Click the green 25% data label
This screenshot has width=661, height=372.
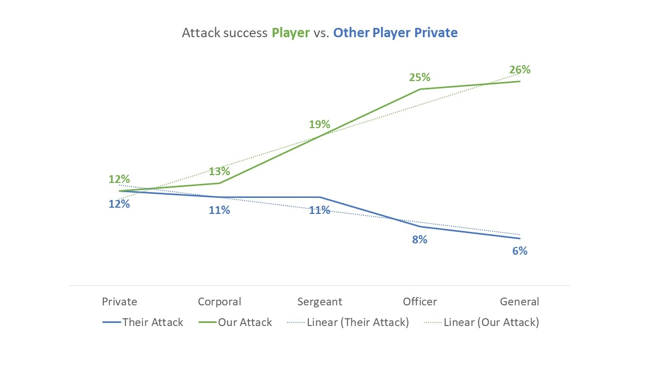point(419,78)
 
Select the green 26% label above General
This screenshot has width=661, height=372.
point(520,70)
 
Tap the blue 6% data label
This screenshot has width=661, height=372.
point(520,251)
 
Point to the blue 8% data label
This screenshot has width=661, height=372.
point(419,240)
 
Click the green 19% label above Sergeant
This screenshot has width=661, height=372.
point(319,125)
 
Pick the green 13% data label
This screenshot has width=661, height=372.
point(219,172)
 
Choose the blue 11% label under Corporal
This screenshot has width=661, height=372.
point(219,210)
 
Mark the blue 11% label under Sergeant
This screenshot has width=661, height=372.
point(319,210)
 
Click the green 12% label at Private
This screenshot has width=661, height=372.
point(119,179)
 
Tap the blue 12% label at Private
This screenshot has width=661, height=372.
point(119,204)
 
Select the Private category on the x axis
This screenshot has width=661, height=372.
point(119,302)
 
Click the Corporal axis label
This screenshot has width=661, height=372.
point(219,302)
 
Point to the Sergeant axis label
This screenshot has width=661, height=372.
point(320,302)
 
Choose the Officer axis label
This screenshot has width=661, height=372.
point(420,302)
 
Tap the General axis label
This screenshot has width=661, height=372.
point(520,302)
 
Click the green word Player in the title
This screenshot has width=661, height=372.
point(291,33)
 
